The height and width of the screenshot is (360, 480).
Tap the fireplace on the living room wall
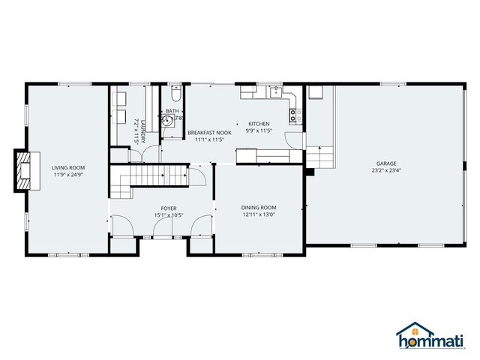pyautogui.click(x=22, y=170)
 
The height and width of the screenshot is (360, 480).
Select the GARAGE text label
pyautogui.click(x=386, y=163)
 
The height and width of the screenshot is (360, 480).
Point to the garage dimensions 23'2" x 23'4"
pyautogui.click(x=386, y=169)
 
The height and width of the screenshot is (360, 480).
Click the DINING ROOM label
pyautogui.click(x=259, y=207)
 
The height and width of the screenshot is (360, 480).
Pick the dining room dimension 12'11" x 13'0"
pyautogui.click(x=259, y=214)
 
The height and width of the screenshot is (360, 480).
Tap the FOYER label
pyautogui.click(x=169, y=208)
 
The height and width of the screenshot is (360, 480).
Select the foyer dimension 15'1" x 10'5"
pyautogui.click(x=169, y=215)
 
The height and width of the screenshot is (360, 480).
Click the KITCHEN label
pyautogui.click(x=259, y=124)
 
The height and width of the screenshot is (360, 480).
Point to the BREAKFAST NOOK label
pyautogui.click(x=209, y=132)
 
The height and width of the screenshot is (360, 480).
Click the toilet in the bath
pyautogui.click(x=175, y=95)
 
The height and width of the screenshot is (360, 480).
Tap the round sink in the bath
pyautogui.click(x=166, y=119)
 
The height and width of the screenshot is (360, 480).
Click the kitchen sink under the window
pyautogui.click(x=276, y=93)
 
